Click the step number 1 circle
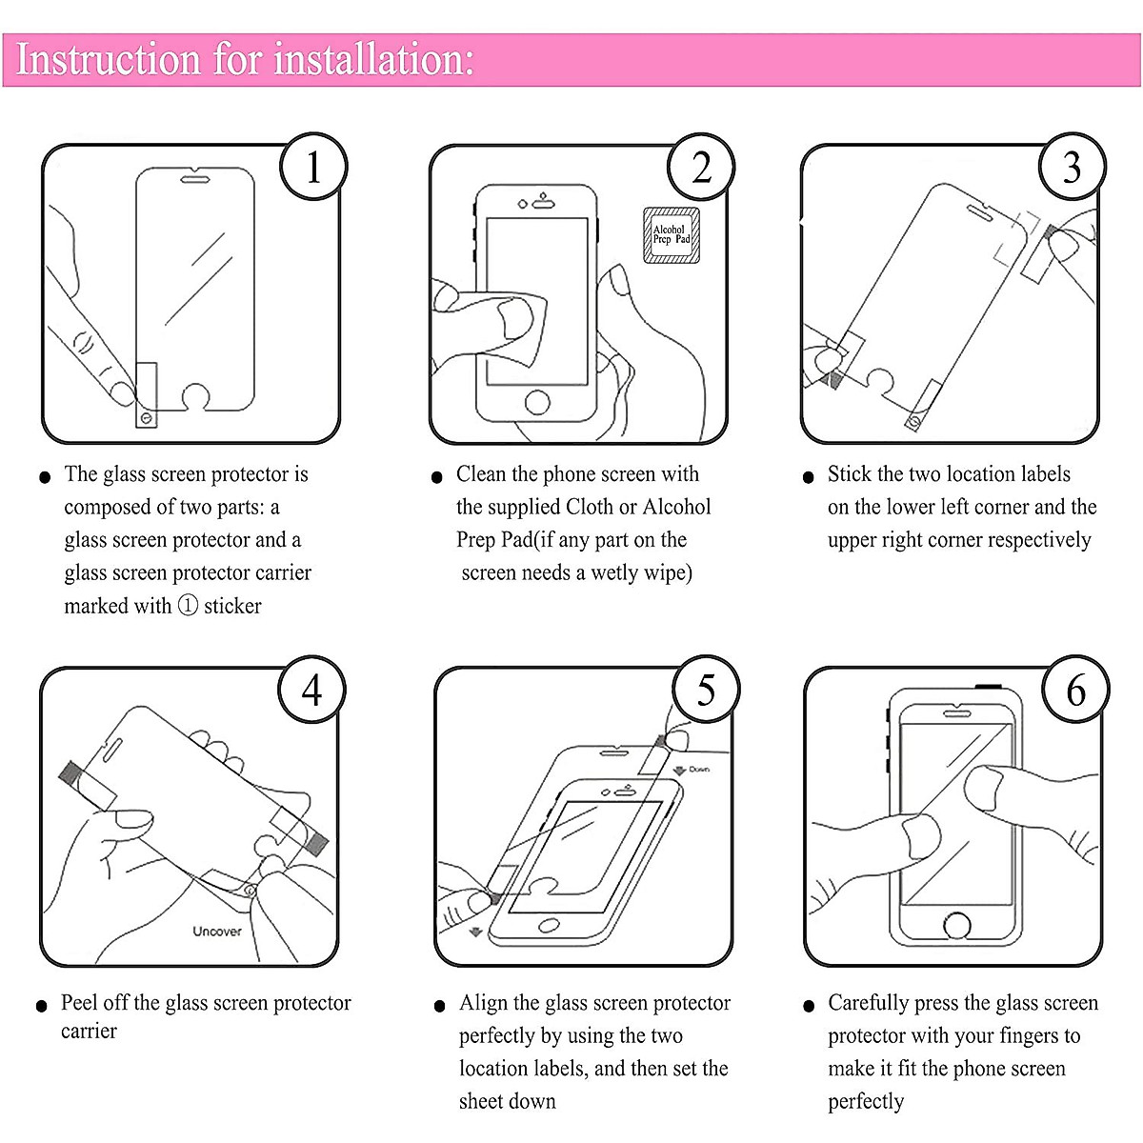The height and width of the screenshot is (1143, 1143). tap(313, 167)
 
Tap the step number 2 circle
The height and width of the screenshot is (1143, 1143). tap(701, 168)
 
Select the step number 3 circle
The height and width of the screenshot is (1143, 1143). tap(1072, 168)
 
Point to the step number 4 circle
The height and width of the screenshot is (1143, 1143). tap(311, 690)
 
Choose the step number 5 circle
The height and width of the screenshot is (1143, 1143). tap(705, 690)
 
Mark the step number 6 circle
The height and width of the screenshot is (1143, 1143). tap(1075, 690)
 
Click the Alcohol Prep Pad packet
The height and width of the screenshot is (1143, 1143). tap(672, 235)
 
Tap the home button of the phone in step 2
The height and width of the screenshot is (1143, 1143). tap(537, 402)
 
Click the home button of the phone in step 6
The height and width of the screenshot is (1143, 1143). tap(956, 924)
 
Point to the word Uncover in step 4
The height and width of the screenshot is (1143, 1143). tap(217, 931)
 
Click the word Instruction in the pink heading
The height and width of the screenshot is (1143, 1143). tap(109, 59)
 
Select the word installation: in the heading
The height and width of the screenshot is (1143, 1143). tap(373, 59)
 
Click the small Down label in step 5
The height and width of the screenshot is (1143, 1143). tap(699, 769)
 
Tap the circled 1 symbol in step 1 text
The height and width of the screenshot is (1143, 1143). tap(188, 606)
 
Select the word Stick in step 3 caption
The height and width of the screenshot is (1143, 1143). tap(850, 474)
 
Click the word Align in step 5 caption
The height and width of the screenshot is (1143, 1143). tap(483, 1003)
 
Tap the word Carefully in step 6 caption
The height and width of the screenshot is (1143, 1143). tap(868, 1003)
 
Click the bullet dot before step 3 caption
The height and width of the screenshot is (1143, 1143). tap(809, 477)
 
